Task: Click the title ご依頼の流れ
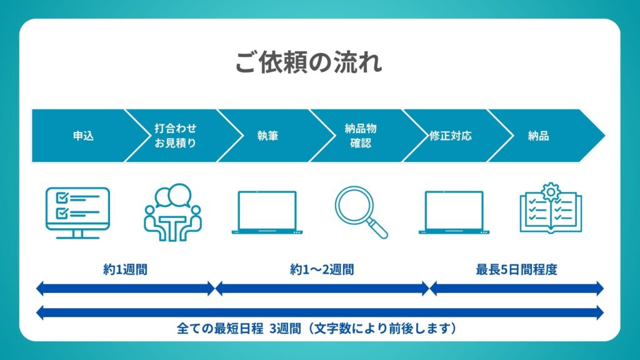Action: click(x=309, y=62)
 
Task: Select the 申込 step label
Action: click(x=83, y=136)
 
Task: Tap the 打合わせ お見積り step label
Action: click(x=176, y=136)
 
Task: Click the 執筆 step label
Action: click(x=267, y=136)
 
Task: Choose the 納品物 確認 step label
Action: click(x=361, y=136)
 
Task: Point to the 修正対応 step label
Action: click(x=450, y=136)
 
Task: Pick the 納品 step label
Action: click(x=538, y=136)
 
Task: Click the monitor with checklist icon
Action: click(x=77, y=212)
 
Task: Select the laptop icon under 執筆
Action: click(x=267, y=212)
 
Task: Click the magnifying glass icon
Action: click(x=361, y=212)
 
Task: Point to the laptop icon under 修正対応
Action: click(x=454, y=212)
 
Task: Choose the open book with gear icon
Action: click(x=551, y=208)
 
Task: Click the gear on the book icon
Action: click(x=551, y=191)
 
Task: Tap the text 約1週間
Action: click(x=125, y=269)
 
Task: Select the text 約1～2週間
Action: click(x=322, y=269)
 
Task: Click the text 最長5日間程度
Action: click(x=516, y=269)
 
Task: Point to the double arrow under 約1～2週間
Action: click(x=322, y=289)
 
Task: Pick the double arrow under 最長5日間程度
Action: click(x=517, y=289)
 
